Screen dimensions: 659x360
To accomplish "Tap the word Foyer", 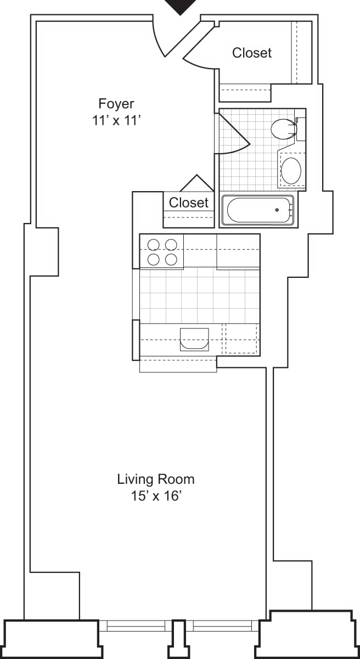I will pos(116,103).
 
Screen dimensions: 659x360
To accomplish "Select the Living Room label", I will pos(156,479).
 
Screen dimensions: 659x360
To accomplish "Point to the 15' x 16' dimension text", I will pos(156,496).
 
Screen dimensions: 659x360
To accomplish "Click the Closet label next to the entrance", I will pos(252,53).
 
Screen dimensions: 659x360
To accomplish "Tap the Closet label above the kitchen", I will pos(189,203).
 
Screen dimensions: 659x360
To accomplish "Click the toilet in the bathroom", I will pos(283,129).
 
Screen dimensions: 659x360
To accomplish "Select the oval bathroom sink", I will pos(291,170).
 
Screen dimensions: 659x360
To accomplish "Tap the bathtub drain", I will pos(278,210).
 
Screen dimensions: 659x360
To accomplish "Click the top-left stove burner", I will pos(154,244).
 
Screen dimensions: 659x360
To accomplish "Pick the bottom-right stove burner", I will pos(171,259).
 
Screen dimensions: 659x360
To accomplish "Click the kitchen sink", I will pos(194,339).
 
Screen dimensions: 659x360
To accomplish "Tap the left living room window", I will pos(136,625).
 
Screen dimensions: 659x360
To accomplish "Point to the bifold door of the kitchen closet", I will pos(196,183).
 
